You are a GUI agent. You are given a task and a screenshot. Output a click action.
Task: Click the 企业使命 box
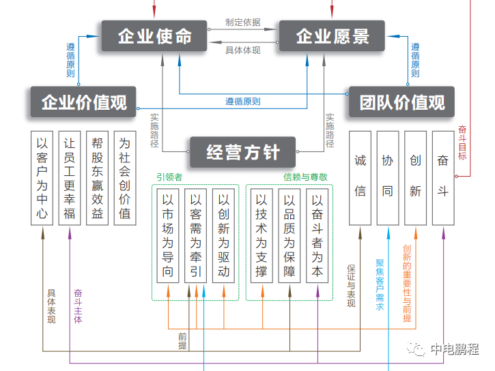click(155, 36)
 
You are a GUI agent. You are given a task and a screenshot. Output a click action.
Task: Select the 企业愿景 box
click(333, 36)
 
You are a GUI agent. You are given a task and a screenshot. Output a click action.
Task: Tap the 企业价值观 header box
click(83, 102)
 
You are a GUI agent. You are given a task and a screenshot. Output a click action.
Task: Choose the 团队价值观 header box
click(402, 102)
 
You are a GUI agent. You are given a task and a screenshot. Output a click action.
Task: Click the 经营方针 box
click(243, 152)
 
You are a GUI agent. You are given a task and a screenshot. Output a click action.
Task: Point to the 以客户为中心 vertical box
click(43, 179)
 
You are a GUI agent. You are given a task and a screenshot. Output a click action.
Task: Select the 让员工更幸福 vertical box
click(69, 179)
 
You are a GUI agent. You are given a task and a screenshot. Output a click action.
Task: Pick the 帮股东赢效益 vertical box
click(97, 179)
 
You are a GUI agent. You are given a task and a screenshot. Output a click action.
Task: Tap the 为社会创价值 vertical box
click(124, 179)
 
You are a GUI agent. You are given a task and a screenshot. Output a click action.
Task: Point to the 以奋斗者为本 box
click(317, 235)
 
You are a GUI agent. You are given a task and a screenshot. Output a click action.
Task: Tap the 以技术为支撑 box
click(261, 235)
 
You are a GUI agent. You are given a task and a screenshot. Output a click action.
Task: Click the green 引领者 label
click(169, 177)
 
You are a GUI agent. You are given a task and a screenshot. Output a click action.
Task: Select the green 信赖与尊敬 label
click(305, 177)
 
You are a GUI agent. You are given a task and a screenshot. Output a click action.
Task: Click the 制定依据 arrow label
click(243, 22)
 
